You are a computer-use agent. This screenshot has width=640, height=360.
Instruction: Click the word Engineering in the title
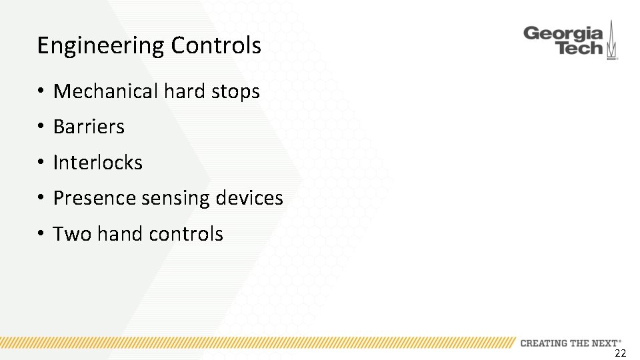[x=101, y=46]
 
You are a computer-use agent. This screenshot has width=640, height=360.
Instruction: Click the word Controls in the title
[x=216, y=46]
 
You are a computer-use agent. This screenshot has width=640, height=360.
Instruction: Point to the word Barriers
[x=89, y=127]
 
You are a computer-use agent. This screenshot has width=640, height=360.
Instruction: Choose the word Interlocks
[x=97, y=163]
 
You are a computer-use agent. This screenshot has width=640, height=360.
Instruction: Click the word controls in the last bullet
[x=186, y=234]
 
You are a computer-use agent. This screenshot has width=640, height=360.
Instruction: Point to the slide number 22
[x=620, y=353]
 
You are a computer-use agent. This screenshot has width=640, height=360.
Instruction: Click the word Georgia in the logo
[x=563, y=33]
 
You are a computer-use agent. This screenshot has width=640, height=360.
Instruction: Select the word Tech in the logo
[x=579, y=48]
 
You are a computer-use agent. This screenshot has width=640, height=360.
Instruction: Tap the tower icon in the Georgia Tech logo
[x=612, y=41]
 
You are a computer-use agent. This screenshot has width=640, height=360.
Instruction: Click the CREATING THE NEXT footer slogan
[x=571, y=343]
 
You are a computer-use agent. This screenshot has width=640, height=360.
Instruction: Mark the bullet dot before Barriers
[x=41, y=127]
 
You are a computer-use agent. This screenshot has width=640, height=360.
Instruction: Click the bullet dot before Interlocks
[x=41, y=163]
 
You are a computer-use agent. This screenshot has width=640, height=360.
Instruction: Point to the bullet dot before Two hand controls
[x=41, y=234]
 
